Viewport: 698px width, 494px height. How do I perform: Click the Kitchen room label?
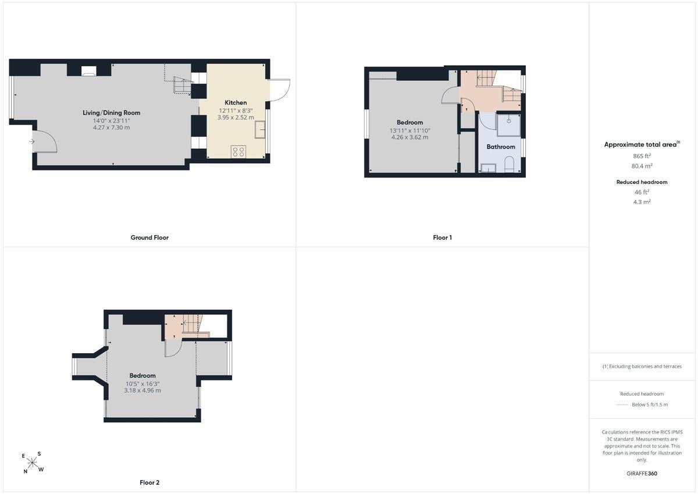point(236,102)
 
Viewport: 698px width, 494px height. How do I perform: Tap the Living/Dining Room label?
point(111,113)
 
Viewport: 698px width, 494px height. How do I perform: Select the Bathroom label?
point(501,147)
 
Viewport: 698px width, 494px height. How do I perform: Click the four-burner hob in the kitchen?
point(238,152)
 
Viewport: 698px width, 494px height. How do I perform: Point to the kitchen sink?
point(260,130)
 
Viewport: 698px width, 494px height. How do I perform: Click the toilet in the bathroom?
point(509,164)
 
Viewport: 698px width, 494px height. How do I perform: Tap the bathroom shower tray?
point(508,125)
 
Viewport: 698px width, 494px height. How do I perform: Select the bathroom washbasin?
point(489,168)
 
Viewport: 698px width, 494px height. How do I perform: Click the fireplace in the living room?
point(89,71)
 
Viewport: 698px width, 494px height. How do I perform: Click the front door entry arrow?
point(32,142)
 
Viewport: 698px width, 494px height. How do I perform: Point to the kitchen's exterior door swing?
point(279,90)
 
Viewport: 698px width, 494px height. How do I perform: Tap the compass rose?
point(32,463)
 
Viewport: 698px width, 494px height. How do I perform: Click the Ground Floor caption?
point(149,237)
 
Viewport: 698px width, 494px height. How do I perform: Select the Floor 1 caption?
point(442,237)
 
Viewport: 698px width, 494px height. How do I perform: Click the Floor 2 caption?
point(149,482)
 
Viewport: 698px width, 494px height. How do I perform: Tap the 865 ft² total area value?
point(642,156)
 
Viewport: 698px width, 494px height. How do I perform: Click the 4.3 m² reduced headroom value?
point(642,202)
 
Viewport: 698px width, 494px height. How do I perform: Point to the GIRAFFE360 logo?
point(642,474)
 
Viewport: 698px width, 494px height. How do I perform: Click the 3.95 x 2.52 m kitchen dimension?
point(236,118)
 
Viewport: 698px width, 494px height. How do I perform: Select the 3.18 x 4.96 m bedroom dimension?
point(143,390)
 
